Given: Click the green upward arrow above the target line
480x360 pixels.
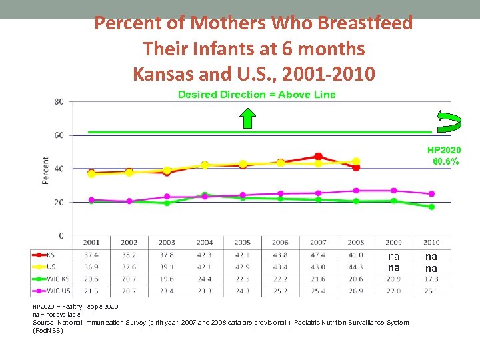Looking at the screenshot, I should coord(247,117).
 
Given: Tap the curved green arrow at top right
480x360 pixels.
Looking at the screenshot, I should coord(448,119).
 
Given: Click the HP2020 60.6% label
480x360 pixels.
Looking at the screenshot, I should coord(444,156).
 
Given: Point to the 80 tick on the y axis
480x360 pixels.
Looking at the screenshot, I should coord(59,102).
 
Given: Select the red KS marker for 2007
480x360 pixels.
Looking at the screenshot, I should coord(318,157).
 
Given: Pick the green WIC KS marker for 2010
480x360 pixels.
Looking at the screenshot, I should coord(431,207).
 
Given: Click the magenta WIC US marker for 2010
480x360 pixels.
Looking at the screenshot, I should coord(431,194).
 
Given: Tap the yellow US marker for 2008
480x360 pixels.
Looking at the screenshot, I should coord(356,161).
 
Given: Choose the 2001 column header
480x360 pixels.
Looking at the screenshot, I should coord(91,243).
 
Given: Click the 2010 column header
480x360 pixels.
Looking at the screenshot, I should coord(431,243).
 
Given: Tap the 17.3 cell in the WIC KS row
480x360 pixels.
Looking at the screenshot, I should coord(431,278).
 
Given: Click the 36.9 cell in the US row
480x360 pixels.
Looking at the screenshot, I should coord(91,267).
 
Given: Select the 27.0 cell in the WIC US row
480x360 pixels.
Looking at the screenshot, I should coord(394,290).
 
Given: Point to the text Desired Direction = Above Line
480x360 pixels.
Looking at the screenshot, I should coord(257,95).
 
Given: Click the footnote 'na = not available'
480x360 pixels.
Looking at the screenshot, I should coord(57,314).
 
